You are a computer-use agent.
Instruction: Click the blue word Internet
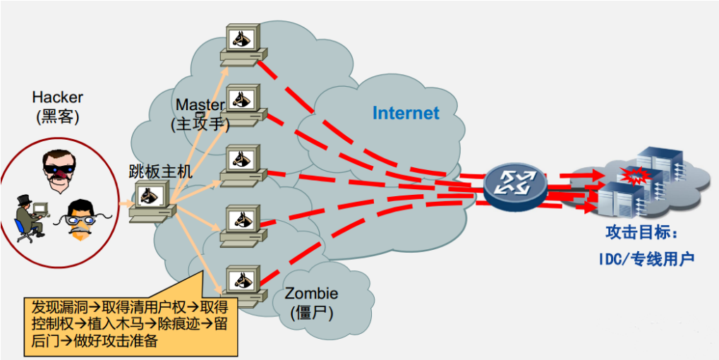click(405, 113)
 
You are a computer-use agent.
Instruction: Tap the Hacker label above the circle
click(57, 97)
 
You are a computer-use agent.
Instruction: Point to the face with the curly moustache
click(83, 217)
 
